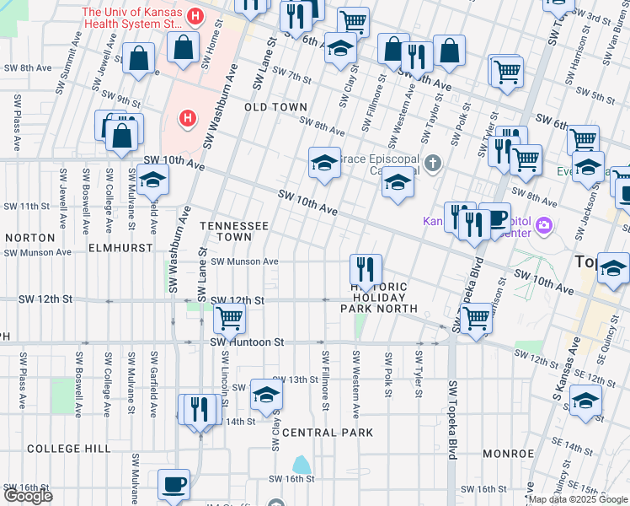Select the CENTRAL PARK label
click(327, 433)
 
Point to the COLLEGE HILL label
click(67, 449)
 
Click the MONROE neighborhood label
click(508, 454)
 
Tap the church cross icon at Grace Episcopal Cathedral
click(433, 163)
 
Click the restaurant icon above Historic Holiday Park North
click(366, 270)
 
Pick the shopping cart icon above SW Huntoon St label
click(229, 319)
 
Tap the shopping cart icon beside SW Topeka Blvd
click(476, 318)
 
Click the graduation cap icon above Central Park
click(266, 394)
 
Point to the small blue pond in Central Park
click(301, 464)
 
